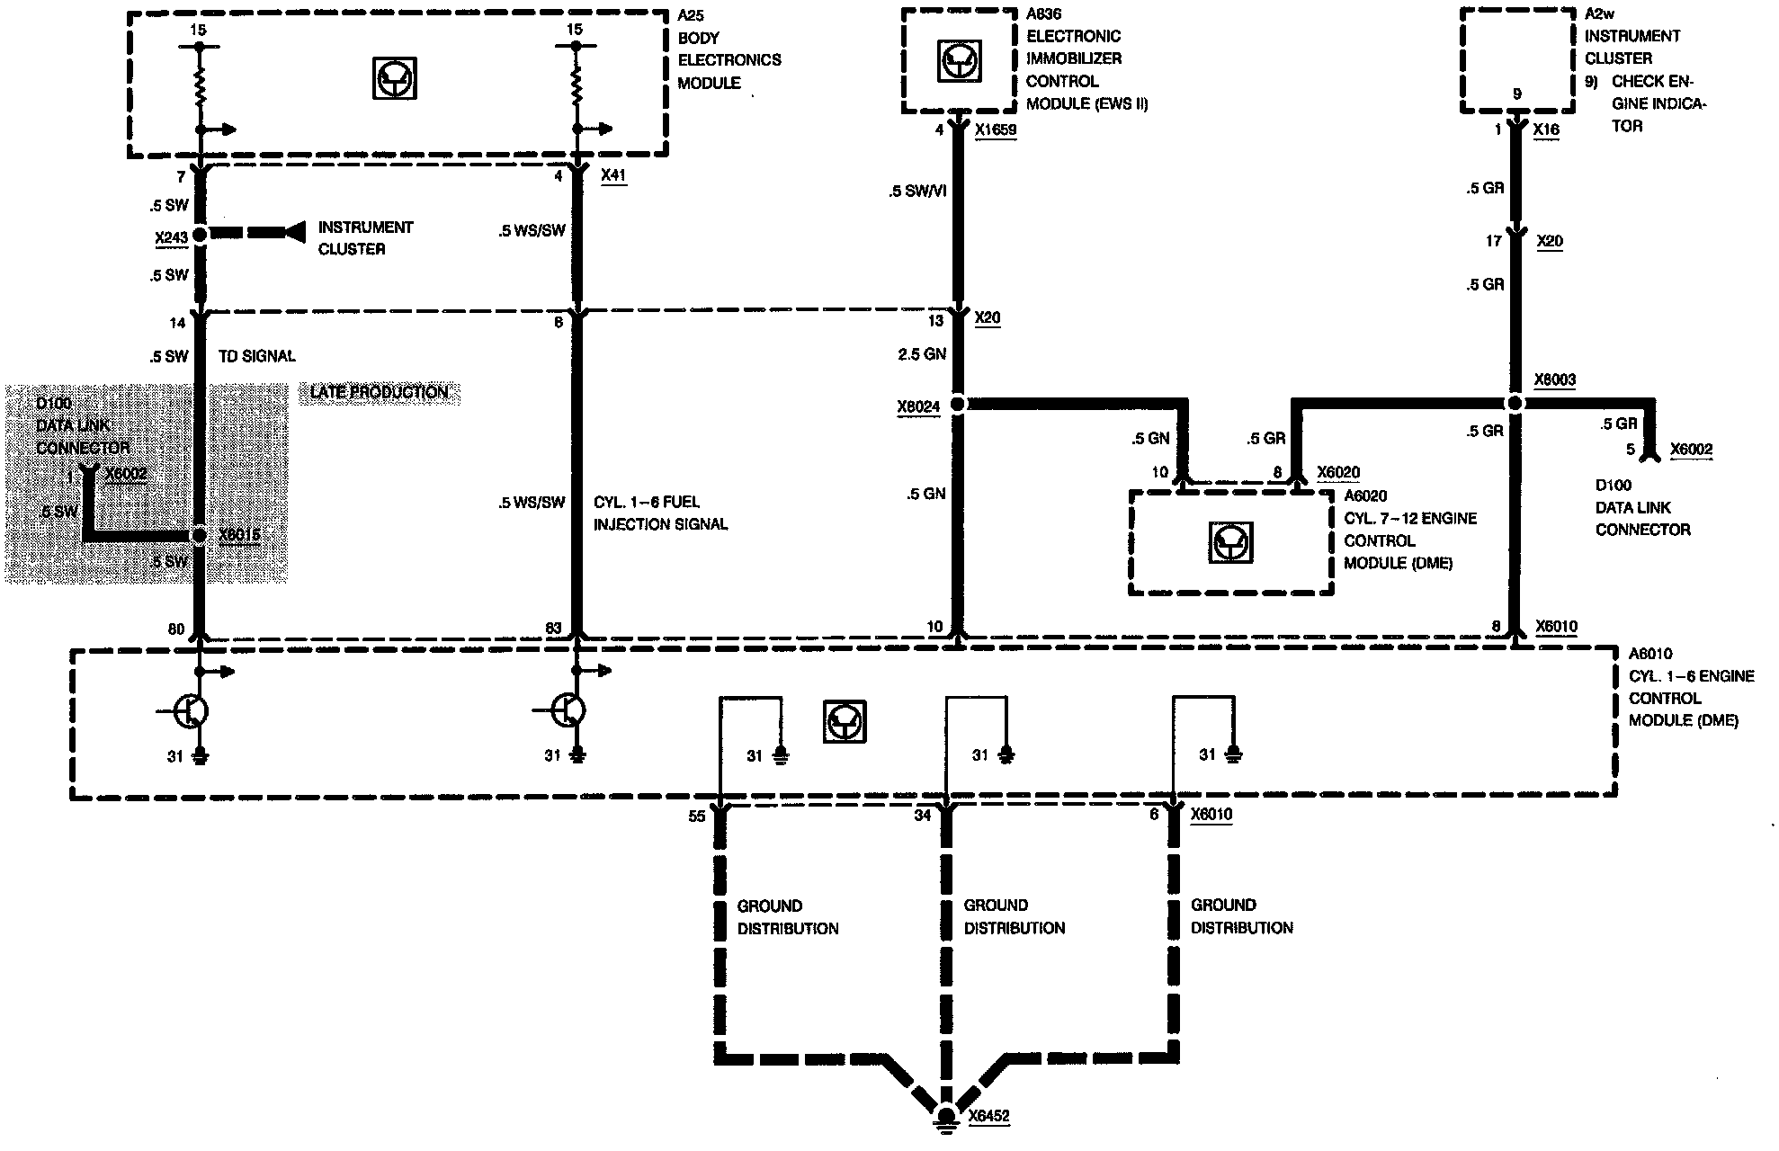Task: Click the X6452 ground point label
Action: (x=988, y=1116)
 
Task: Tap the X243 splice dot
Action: (x=200, y=234)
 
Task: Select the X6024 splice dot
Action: (x=958, y=405)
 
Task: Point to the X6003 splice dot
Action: (x=1515, y=403)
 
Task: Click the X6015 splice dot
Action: (x=200, y=536)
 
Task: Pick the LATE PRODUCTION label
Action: (x=379, y=392)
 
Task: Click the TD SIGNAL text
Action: (x=256, y=356)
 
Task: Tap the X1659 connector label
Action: (x=996, y=129)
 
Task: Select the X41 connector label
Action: (x=612, y=175)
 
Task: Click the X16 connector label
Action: (x=1546, y=129)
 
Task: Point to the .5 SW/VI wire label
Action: (x=916, y=191)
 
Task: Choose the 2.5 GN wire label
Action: (x=922, y=354)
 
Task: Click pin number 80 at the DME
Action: (x=176, y=629)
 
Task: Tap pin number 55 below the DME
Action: (x=697, y=816)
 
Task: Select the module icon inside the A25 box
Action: (x=395, y=77)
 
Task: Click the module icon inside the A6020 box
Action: (x=1231, y=542)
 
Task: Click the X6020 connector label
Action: (x=1338, y=472)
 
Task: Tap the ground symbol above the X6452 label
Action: (x=945, y=1115)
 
